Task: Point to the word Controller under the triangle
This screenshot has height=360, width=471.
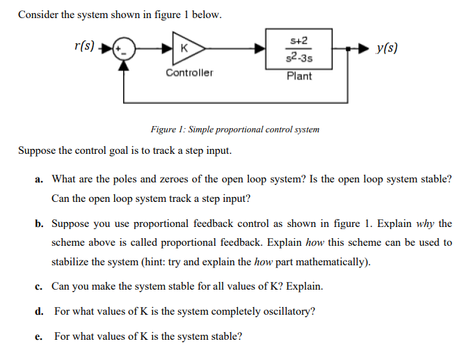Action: (x=189, y=72)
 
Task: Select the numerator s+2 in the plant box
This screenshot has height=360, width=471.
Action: (x=299, y=40)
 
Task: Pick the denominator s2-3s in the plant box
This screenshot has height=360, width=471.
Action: (x=299, y=56)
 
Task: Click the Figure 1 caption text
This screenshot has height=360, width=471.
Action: (x=235, y=130)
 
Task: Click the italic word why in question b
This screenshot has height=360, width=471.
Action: (x=424, y=224)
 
